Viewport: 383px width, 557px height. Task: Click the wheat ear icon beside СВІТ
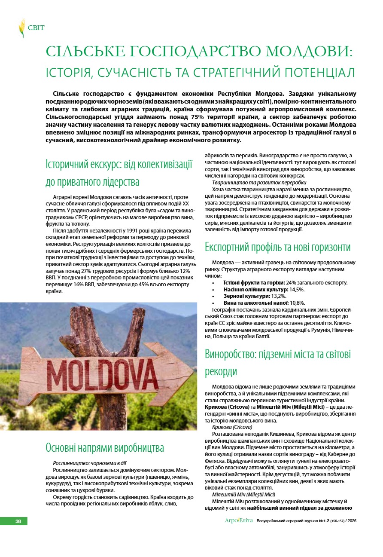click(21, 28)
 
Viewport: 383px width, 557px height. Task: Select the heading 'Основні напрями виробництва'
click(105, 447)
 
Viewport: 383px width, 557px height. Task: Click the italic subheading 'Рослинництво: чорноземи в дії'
click(89, 463)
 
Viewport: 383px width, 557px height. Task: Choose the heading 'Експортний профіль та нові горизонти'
click(277, 247)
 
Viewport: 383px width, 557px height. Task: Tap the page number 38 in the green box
click(18, 521)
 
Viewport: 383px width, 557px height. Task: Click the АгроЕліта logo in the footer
click(239, 521)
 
